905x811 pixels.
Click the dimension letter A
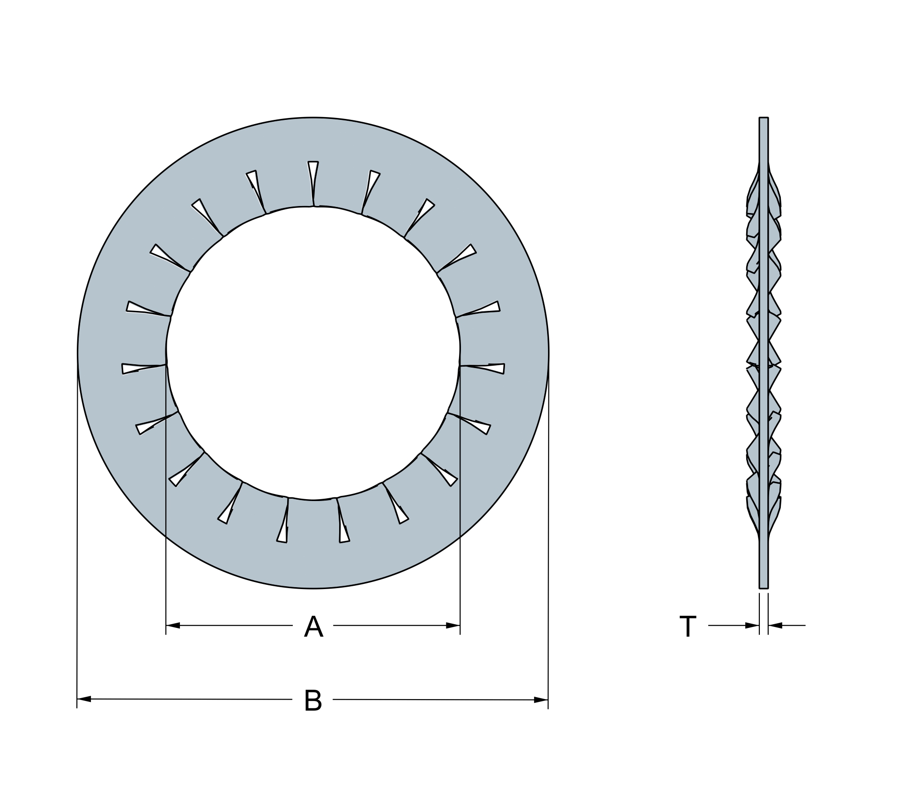coord(313,627)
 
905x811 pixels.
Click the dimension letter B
coord(313,700)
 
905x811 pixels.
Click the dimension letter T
coord(688,627)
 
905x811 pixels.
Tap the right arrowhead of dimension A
coord(452,625)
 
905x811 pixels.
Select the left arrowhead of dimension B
coord(84,699)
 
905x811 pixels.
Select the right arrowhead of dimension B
coord(541,700)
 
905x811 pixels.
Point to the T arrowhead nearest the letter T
coord(752,625)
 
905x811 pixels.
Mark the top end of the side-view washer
coord(764,119)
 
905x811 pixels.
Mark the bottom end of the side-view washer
coord(764,587)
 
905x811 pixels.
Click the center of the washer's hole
coord(313,354)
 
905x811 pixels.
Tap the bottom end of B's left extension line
coord(77,708)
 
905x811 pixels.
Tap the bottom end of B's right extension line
coord(548,708)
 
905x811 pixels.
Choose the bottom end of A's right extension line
coord(460,634)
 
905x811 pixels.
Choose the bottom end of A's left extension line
coord(166,634)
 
